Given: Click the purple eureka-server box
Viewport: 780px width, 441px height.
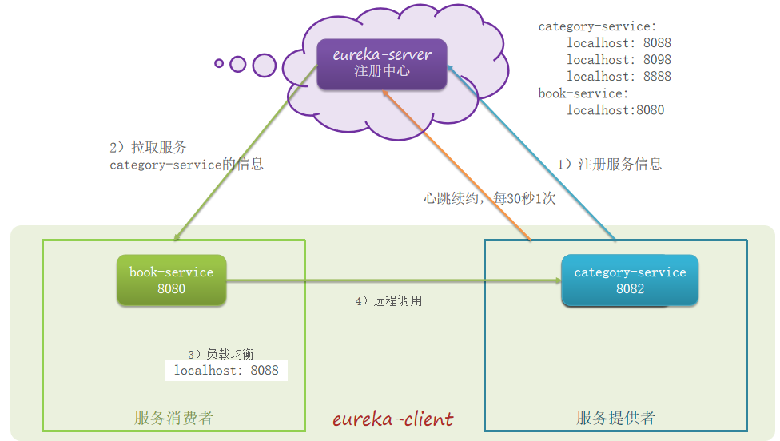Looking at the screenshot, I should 381,63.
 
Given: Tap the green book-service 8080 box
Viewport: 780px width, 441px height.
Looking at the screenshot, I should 171,280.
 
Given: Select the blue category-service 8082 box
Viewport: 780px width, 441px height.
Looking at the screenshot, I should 630,280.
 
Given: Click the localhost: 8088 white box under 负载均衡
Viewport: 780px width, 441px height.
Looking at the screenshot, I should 226,370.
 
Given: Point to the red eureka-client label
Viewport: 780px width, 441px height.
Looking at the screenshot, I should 392,419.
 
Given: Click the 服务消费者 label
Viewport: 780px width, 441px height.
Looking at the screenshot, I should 173,418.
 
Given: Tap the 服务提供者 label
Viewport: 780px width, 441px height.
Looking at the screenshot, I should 615,418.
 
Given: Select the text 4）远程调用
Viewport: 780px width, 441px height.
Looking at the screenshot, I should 388,301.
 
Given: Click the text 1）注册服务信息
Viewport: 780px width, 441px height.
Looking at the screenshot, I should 609,165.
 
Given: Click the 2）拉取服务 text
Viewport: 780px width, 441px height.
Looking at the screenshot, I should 148,148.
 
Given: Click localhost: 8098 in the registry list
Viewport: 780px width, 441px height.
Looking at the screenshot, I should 619,60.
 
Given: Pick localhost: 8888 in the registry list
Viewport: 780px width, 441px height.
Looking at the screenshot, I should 619,77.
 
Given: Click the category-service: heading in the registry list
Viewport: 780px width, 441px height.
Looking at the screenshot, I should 597,26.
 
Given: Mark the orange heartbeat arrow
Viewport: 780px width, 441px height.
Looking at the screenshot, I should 456,164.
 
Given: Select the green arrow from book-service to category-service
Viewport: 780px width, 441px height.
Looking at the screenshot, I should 392,280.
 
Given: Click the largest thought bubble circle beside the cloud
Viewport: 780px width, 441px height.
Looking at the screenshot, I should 264,65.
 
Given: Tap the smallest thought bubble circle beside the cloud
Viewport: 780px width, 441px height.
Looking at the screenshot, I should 218,62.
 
